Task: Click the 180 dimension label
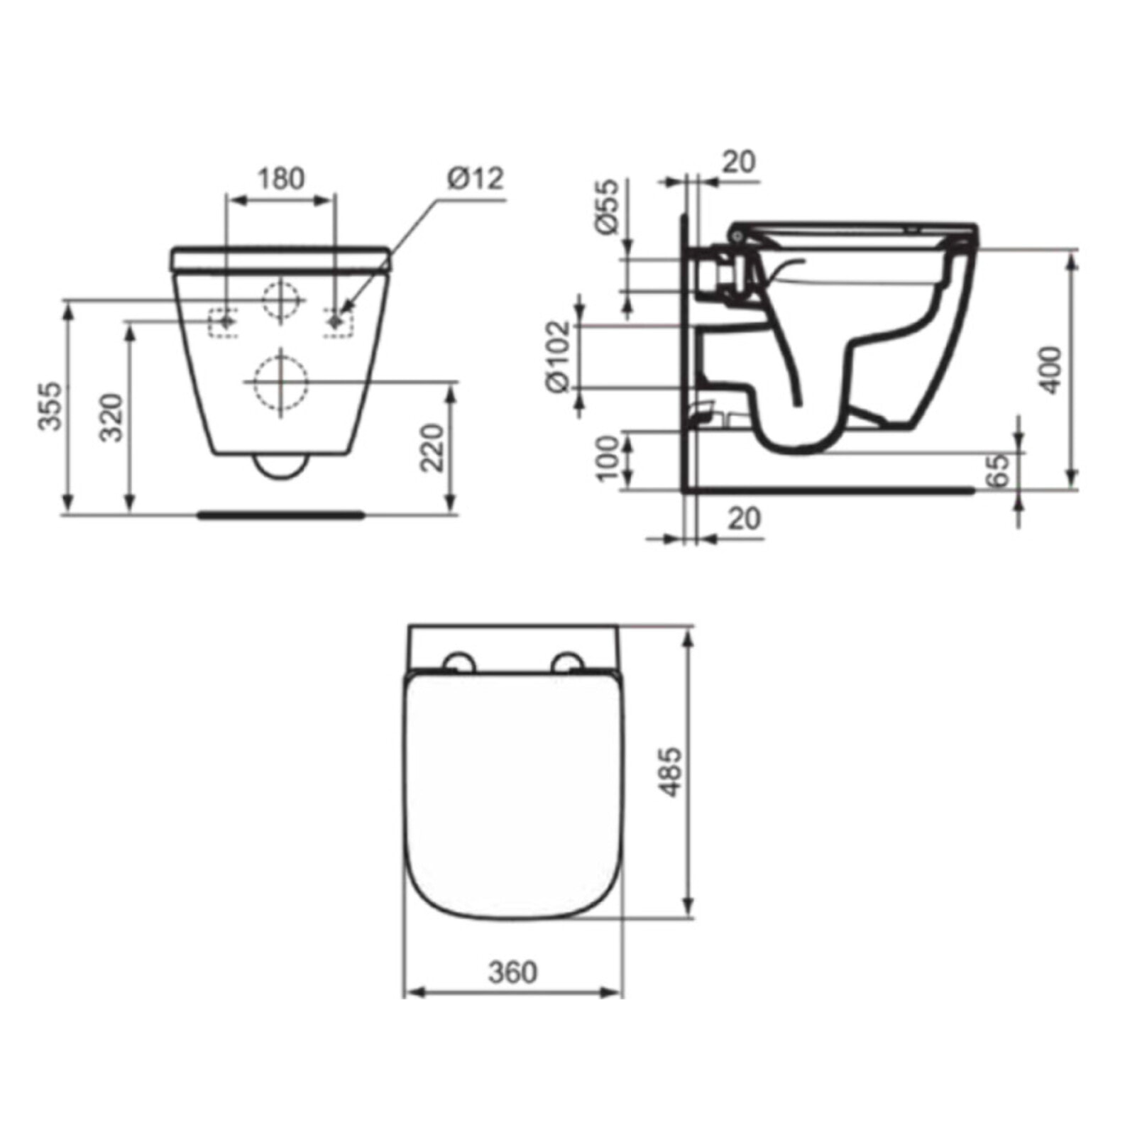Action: tap(280, 180)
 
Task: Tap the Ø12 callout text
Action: tap(476, 179)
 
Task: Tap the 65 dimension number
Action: tap(999, 471)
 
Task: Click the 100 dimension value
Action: tap(608, 459)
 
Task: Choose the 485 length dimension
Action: tap(670, 772)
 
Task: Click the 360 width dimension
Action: tap(512, 972)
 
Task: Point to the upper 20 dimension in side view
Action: tap(739, 163)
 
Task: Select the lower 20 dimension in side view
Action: tap(744, 519)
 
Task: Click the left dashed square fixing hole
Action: tap(224, 323)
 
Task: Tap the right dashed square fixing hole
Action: tap(338, 323)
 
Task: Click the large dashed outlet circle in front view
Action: tap(281, 382)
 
